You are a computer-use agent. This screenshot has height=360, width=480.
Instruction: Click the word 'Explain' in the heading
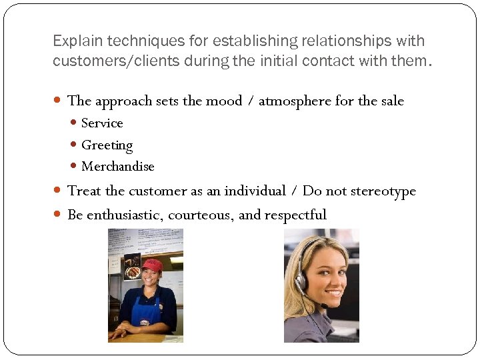tap(75, 41)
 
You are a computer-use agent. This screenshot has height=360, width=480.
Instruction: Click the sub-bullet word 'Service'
tap(102, 123)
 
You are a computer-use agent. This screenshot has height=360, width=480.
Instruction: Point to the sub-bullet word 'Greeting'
tap(107, 145)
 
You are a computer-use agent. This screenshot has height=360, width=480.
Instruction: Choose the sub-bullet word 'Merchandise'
tap(117, 167)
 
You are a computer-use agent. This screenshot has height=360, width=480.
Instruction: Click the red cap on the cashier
tap(153, 265)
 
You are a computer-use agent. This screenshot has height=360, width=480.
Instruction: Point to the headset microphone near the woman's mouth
tap(323, 306)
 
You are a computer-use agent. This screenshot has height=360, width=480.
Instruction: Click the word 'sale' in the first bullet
tap(391, 101)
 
